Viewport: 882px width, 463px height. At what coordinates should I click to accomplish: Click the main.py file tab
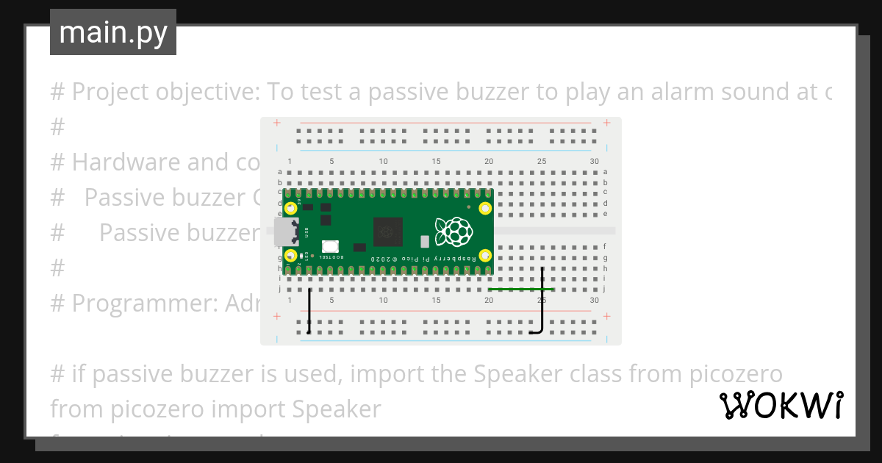click(112, 32)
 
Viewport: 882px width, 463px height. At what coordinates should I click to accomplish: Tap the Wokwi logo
click(781, 405)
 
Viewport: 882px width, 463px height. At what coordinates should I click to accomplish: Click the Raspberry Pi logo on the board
click(453, 232)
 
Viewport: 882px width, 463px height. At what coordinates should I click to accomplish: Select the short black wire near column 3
click(309, 312)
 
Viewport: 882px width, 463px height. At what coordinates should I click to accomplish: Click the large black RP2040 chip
click(388, 232)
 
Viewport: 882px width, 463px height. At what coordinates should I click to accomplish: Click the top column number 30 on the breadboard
click(594, 162)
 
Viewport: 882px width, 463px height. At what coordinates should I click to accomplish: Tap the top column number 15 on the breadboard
click(437, 162)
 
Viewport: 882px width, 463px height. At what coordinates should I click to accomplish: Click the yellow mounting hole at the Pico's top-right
click(485, 208)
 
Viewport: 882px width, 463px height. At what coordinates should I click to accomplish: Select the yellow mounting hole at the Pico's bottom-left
click(291, 256)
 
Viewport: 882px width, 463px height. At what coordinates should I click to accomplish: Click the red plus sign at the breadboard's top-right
click(606, 122)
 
